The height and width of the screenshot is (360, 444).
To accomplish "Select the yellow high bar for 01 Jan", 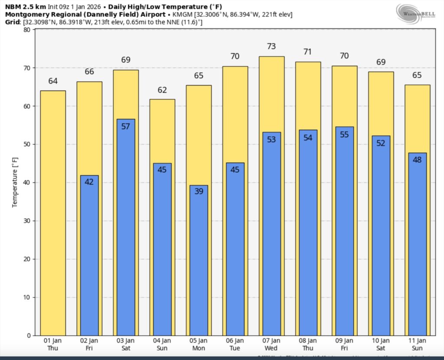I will pos(53,213).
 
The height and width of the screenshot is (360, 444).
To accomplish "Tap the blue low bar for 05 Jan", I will pos(199,260).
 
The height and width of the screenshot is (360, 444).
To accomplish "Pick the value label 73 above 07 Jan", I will pos(272,46).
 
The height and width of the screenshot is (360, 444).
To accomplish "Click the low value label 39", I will pos(199,191).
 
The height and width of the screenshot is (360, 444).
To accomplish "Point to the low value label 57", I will pos(126,127).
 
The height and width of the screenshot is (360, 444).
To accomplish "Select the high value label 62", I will pos(162,90).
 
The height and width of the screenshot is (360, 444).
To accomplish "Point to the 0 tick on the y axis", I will pos(28,335).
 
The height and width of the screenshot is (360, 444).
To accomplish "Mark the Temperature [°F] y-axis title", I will pos(15,182).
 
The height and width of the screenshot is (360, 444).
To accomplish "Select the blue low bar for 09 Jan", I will pos(345,230).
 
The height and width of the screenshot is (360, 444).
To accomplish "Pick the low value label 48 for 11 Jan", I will pos(417,160).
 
